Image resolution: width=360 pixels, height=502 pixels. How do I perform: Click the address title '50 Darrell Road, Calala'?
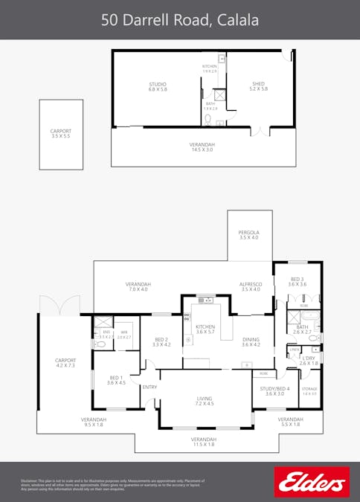[180, 20]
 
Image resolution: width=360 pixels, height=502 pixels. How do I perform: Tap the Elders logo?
[311, 482]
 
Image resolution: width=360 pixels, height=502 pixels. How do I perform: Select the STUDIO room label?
[157, 87]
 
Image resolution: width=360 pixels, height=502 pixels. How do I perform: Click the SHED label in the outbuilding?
[258, 87]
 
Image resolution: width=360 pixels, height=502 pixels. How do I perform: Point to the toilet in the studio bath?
[209, 118]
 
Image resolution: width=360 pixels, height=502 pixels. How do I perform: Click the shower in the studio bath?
[219, 95]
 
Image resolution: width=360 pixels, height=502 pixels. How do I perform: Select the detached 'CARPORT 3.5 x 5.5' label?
[61, 134]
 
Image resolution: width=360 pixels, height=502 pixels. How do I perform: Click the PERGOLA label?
[249, 234]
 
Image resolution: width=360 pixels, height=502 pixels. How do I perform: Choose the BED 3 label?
[298, 281]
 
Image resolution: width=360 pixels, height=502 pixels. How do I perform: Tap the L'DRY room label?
[308, 360]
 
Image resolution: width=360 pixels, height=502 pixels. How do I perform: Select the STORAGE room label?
[309, 390]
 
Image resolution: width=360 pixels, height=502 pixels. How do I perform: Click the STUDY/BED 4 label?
[274, 390]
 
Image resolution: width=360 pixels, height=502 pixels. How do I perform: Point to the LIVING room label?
[205, 402]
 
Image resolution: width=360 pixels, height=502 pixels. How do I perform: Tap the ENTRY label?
[150, 387]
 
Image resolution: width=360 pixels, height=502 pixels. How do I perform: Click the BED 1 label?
[116, 380]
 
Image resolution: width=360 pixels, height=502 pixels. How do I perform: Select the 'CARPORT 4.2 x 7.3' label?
[65, 363]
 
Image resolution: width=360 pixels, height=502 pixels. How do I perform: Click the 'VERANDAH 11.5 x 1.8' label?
[205, 442]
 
